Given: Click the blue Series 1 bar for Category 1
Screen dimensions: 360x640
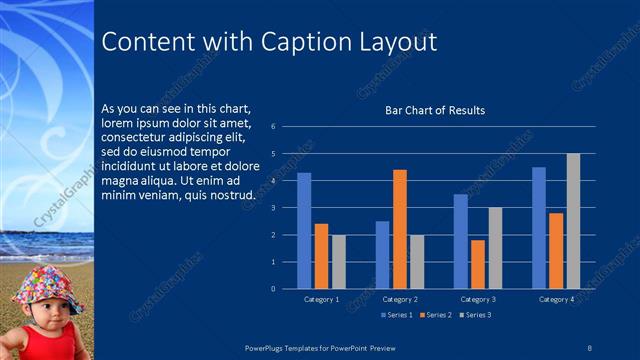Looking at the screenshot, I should coord(304,231).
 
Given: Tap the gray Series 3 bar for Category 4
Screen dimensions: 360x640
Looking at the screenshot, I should coord(573,221).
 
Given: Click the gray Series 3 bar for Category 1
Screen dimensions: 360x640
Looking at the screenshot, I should coord(338,262).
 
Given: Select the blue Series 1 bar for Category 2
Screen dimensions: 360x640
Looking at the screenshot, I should coord(382,255).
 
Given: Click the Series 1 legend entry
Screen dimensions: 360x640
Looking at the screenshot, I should coord(398,315).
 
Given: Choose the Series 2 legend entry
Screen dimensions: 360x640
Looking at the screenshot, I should coord(435,315).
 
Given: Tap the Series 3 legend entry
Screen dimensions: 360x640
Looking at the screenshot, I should coord(474,315).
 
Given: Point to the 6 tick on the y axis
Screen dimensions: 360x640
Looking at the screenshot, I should coord(287,127).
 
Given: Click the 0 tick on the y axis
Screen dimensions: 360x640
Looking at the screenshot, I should coord(287,289).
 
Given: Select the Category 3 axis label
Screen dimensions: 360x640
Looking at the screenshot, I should coord(478,299).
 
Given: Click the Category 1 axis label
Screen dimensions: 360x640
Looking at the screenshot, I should coord(321,299).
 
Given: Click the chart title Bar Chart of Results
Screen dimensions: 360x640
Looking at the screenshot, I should coord(435,110).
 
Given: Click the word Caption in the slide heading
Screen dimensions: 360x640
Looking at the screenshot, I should coord(299,42).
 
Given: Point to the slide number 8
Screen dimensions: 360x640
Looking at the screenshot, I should coord(589,345).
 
